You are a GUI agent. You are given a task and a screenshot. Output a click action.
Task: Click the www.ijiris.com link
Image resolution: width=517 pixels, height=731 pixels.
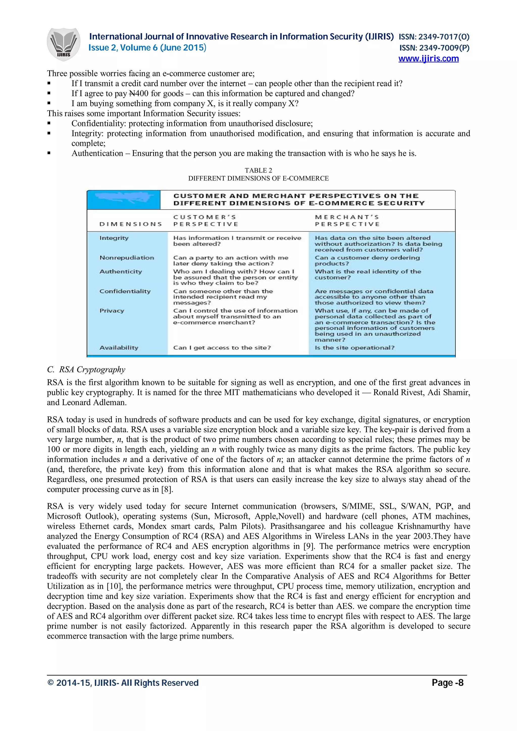point(428,59)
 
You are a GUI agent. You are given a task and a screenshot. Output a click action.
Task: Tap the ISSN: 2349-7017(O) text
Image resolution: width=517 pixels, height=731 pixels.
point(434,37)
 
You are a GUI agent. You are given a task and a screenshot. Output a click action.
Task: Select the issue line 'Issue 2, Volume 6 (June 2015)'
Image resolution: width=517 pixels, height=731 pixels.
point(147,48)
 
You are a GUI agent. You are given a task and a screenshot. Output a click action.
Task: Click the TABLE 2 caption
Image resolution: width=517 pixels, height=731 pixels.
point(258,170)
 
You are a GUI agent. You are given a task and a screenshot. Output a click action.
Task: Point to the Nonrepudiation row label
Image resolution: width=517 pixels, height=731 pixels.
point(126,258)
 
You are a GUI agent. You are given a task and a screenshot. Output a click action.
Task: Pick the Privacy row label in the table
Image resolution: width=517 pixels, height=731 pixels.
point(112,311)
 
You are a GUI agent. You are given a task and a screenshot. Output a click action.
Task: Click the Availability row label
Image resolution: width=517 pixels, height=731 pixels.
point(119,348)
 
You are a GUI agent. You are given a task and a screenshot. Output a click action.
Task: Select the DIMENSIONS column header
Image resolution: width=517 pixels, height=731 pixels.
point(131,224)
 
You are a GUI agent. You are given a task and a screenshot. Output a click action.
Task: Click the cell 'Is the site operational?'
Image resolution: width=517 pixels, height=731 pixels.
point(354,348)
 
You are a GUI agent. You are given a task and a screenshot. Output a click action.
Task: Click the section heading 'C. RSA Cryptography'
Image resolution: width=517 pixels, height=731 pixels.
point(86,369)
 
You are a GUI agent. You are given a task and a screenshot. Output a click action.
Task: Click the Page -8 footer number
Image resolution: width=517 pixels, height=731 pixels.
point(447,683)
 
